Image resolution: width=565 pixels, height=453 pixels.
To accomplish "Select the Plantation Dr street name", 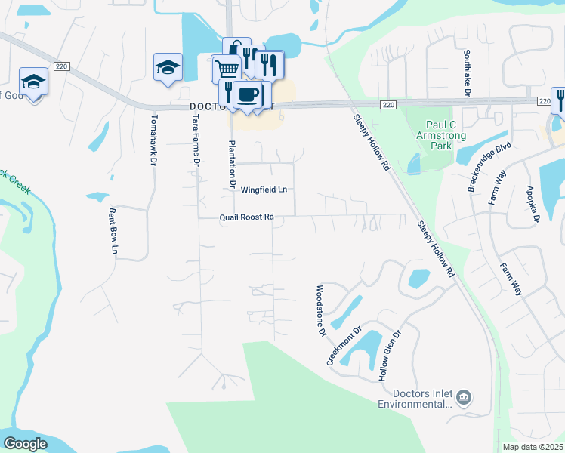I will [x=233, y=164].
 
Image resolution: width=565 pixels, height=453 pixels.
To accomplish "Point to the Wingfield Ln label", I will [x=264, y=190].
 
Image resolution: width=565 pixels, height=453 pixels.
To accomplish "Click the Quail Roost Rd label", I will [x=246, y=217].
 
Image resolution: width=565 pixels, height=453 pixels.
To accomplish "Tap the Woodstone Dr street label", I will [x=320, y=310].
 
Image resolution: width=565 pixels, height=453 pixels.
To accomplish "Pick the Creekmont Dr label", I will [x=344, y=347].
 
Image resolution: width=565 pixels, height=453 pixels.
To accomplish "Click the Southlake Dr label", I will [x=468, y=72].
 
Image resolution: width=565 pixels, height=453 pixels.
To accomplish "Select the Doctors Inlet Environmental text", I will [x=422, y=399].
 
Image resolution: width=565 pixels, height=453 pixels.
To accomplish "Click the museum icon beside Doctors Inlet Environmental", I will [x=465, y=396].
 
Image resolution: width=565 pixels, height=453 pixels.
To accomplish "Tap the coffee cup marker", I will [x=247, y=94].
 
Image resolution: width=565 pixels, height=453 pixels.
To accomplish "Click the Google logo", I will [x=26, y=444].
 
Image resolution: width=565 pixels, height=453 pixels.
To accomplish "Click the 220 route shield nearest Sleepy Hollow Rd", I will [x=387, y=104].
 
